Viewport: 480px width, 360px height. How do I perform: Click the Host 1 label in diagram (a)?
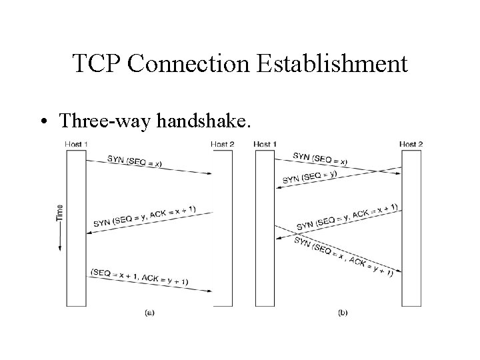click(x=76, y=144)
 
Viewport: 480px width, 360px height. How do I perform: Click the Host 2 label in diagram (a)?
click(x=222, y=144)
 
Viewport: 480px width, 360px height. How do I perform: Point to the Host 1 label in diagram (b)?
click(x=265, y=144)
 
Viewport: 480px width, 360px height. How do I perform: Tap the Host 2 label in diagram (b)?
click(x=411, y=144)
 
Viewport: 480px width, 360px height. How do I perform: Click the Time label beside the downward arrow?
click(x=60, y=213)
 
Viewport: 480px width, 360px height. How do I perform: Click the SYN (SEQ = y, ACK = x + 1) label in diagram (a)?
click(x=145, y=216)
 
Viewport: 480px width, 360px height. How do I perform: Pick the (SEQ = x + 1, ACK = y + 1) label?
click(x=139, y=276)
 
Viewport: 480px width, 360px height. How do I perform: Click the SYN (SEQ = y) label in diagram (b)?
click(x=309, y=177)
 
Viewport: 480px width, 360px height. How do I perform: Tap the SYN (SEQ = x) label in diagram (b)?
click(x=320, y=159)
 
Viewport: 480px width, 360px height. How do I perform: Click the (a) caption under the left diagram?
click(x=149, y=311)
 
